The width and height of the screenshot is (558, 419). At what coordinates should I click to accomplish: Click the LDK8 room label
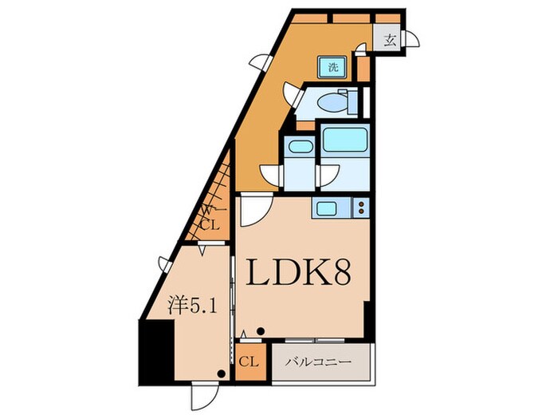299,271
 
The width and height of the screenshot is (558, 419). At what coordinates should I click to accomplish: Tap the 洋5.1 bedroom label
192,306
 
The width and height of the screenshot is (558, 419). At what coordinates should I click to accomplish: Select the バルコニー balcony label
319,362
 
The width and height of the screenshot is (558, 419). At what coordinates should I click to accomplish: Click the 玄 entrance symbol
390,41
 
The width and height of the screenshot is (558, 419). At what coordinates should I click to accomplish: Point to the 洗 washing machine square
332,67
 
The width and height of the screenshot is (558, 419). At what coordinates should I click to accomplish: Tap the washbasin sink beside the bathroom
300,146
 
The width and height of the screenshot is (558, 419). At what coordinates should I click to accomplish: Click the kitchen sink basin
326,208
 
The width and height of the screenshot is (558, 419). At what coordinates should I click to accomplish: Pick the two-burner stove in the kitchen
361,208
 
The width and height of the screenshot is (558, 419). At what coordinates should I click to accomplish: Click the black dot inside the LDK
261,331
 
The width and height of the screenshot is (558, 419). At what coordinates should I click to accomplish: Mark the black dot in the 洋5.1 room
222,374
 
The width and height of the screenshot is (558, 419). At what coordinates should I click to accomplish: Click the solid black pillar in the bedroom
156,352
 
